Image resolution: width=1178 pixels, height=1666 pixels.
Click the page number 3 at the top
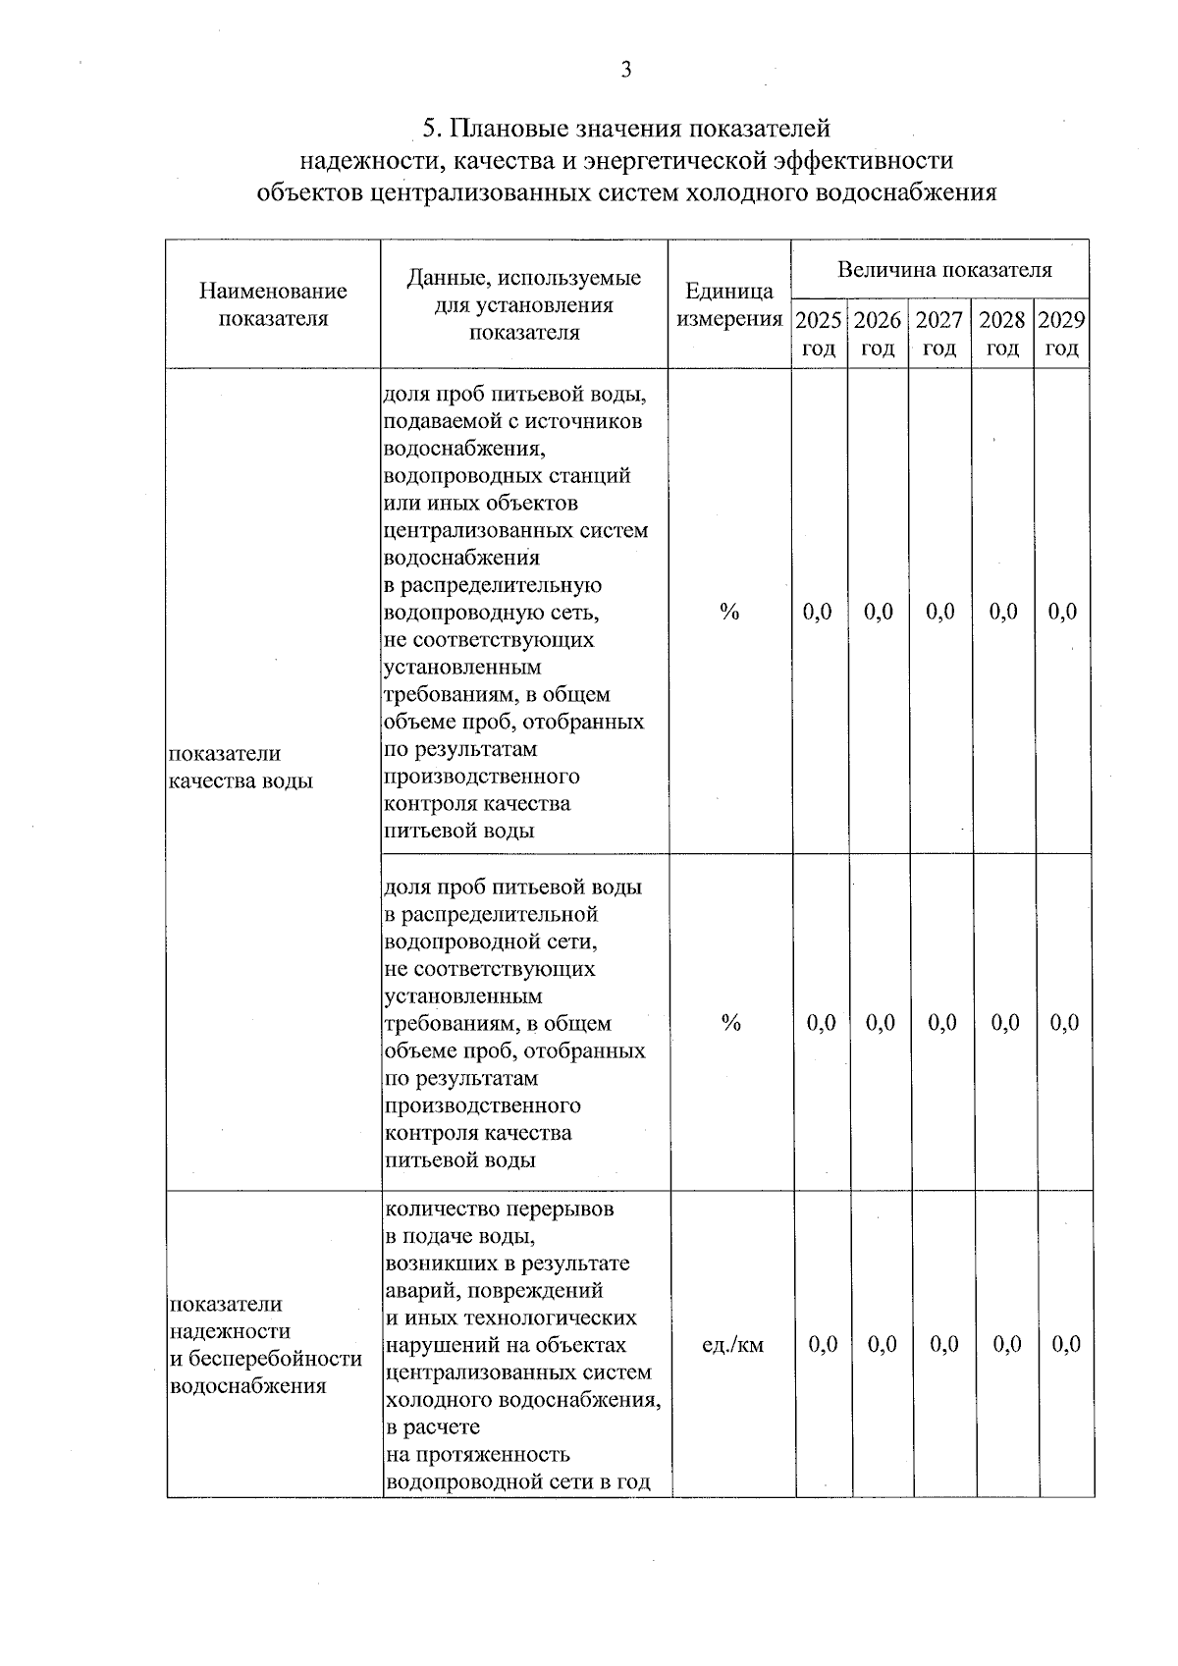tap(626, 70)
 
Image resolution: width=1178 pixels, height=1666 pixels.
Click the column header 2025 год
tap(819, 334)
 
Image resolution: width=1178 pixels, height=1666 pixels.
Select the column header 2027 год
tap(939, 334)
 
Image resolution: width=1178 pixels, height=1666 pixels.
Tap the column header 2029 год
tap(1062, 334)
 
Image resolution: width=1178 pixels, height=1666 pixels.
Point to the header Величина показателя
tap(943, 270)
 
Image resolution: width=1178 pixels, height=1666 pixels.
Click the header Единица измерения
tap(729, 304)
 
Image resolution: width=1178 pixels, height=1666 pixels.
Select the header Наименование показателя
tap(273, 304)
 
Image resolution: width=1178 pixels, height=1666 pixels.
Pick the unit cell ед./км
tap(732, 1344)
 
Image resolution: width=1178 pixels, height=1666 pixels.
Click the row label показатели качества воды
tap(241, 767)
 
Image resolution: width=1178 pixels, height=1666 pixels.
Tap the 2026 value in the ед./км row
tap(883, 1344)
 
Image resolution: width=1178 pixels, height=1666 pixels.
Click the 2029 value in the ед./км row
tap(1066, 1344)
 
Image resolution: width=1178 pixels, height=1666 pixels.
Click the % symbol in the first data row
tap(728, 612)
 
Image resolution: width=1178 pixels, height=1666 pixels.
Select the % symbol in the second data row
tap(730, 1023)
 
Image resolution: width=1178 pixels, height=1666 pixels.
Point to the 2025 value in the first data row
tap(818, 612)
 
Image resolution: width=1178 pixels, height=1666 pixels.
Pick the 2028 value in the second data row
tap(1005, 1023)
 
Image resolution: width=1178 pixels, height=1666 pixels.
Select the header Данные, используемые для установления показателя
tap(524, 304)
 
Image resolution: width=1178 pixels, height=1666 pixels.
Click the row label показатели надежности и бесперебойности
tap(266, 1344)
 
